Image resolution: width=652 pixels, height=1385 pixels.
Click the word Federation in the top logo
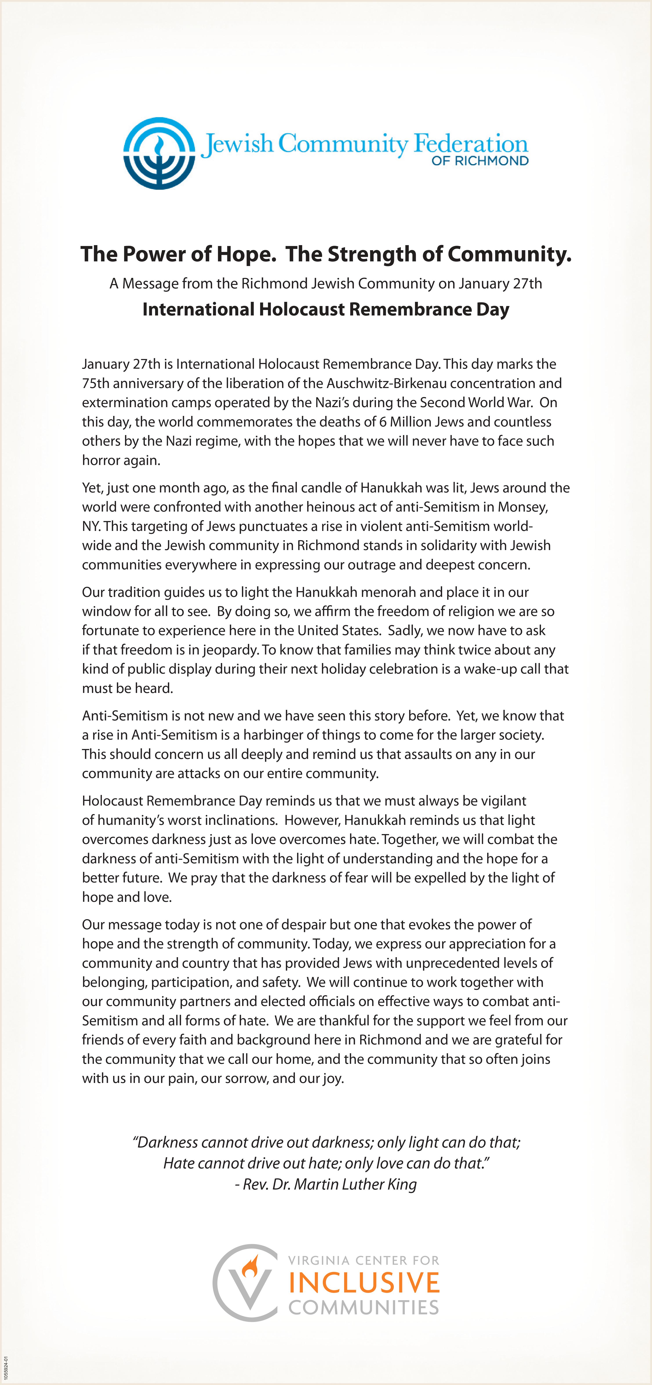(x=470, y=144)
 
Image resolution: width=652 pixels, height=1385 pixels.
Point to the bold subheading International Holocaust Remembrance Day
(x=326, y=310)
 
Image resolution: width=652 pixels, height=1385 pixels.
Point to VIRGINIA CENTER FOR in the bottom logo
(x=364, y=1260)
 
